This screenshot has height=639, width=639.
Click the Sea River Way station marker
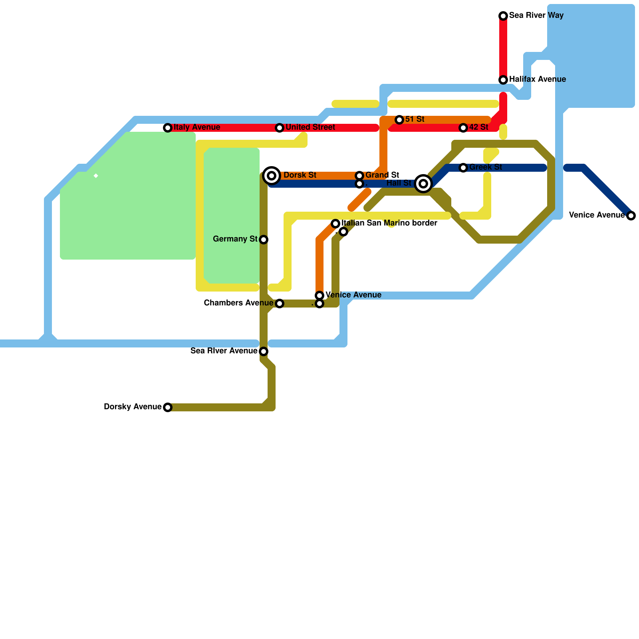[x=503, y=16]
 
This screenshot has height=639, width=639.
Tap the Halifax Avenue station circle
[x=503, y=80]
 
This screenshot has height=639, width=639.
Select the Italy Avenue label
[x=197, y=127]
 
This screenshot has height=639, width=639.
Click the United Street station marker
[x=280, y=128]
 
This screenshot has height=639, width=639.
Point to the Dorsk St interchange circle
[x=272, y=176]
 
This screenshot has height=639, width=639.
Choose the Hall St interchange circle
[x=423, y=184]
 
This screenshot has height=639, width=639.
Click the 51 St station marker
[x=399, y=120]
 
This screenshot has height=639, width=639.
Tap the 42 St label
[x=478, y=127]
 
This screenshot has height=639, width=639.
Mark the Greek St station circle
[x=463, y=168]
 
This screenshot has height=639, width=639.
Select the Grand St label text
[x=382, y=175]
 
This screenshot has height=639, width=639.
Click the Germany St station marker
[x=264, y=240]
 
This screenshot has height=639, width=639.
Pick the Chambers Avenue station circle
[x=280, y=304]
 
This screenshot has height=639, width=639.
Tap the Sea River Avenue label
[x=224, y=351]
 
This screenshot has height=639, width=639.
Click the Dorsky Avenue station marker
[x=168, y=407]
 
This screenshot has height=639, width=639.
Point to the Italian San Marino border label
[x=389, y=223]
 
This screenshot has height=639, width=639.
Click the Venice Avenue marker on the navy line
[x=631, y=216]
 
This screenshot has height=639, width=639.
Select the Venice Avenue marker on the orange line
[x=319, y=296]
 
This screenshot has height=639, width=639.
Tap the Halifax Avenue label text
[x=537, y=79]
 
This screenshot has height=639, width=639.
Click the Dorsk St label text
[x=300, y=175]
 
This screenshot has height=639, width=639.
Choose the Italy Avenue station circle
[x=168, y=128]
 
